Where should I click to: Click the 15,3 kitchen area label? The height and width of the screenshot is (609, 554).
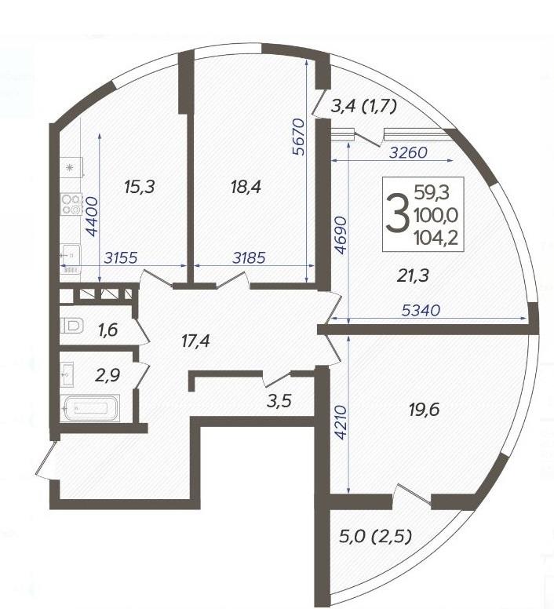pyautogui.click(x=140, y=187)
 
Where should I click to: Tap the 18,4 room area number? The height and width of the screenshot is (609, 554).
pyautogui.click(x=246, y=188)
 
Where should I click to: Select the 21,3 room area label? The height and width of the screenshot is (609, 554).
pyautogui.click(x=413, y=275)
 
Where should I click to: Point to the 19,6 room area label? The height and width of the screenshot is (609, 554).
pyautogui.click(x=424, y=409)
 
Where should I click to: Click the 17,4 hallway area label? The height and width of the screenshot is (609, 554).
pyautogui.click(x=195, y=341)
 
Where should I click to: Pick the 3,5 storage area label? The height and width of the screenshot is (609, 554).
pyautogui.click(x=279, y=401)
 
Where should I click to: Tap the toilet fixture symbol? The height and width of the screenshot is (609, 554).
pyautogui.click(x=72, y=325)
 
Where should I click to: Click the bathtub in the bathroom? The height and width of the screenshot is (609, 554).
pyautogui.click(x=90, y=408)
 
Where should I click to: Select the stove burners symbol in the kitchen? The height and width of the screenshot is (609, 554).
pyautogui.click(x=71, y=204)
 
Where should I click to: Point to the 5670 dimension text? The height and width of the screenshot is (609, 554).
pyautogui.click(x=299, y=137)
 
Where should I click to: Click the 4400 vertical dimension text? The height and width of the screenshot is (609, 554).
pyautogui.click(x=93, y=217)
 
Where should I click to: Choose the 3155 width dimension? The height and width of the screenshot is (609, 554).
pyautogui.click(x=121, y=257)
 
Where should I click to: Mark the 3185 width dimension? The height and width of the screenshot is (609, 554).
pyautogui.click(x=249, y=257)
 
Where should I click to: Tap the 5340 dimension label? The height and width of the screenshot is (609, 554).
pyautogui.click(x=421, y=310)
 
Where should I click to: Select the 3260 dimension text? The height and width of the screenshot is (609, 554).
pyautogui.click(x=408, y=152)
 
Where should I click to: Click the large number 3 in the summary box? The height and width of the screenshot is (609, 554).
pyautogui.click(x=397, y=214)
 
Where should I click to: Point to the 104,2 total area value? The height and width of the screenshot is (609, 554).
pyautogui.click(x=436, y=237)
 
